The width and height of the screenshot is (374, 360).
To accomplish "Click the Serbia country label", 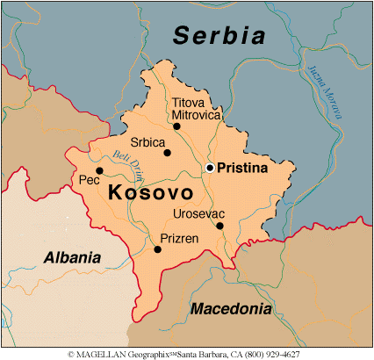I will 219,36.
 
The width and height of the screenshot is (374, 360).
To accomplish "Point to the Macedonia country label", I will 230,309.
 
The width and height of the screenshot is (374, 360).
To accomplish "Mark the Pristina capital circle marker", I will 210,167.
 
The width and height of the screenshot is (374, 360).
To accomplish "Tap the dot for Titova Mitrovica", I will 176,126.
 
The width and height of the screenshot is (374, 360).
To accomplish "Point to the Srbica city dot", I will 167,153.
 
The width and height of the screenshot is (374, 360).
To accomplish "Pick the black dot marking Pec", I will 99,170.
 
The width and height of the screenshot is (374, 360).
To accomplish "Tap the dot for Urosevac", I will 219,226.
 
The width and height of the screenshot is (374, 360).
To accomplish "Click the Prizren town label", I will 178,237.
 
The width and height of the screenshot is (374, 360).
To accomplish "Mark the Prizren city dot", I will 158,249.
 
